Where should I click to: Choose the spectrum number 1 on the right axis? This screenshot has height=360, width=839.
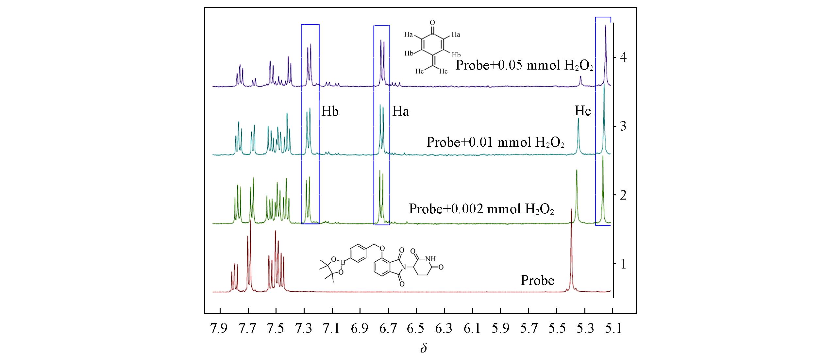(x=623, y=264)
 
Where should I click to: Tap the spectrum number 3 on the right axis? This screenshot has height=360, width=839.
(x=623, y=126)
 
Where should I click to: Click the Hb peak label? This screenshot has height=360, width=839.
(x=330, y=111)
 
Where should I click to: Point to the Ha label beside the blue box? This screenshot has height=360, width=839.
(x=400, y=112)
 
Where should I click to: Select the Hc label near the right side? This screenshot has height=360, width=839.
(x=583, y=111)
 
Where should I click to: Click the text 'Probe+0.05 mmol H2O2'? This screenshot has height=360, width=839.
(x=525, y=66)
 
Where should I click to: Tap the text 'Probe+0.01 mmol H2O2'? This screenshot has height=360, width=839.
(x=495, y=143)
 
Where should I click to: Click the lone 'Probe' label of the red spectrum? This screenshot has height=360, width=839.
(x=537, y=280)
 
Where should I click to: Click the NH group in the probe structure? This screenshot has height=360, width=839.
(x=431, y=259)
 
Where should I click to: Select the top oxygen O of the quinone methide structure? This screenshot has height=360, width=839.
(x=432, y=23)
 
